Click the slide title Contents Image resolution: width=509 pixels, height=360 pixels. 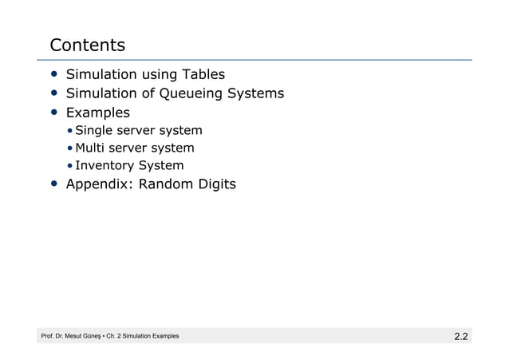pos(88,44)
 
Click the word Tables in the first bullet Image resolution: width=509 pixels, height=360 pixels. pos(200,75)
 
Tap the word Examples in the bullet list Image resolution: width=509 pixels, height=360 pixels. pos(97,113)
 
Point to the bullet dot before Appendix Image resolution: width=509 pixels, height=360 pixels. pos(53,184)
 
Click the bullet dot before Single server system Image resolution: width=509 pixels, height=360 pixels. pos(70,130)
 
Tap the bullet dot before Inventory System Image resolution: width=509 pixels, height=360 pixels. pos(70,166)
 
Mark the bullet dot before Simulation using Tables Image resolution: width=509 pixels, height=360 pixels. pos(53,75)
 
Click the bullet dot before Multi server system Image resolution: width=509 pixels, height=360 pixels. pos(70,148)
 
